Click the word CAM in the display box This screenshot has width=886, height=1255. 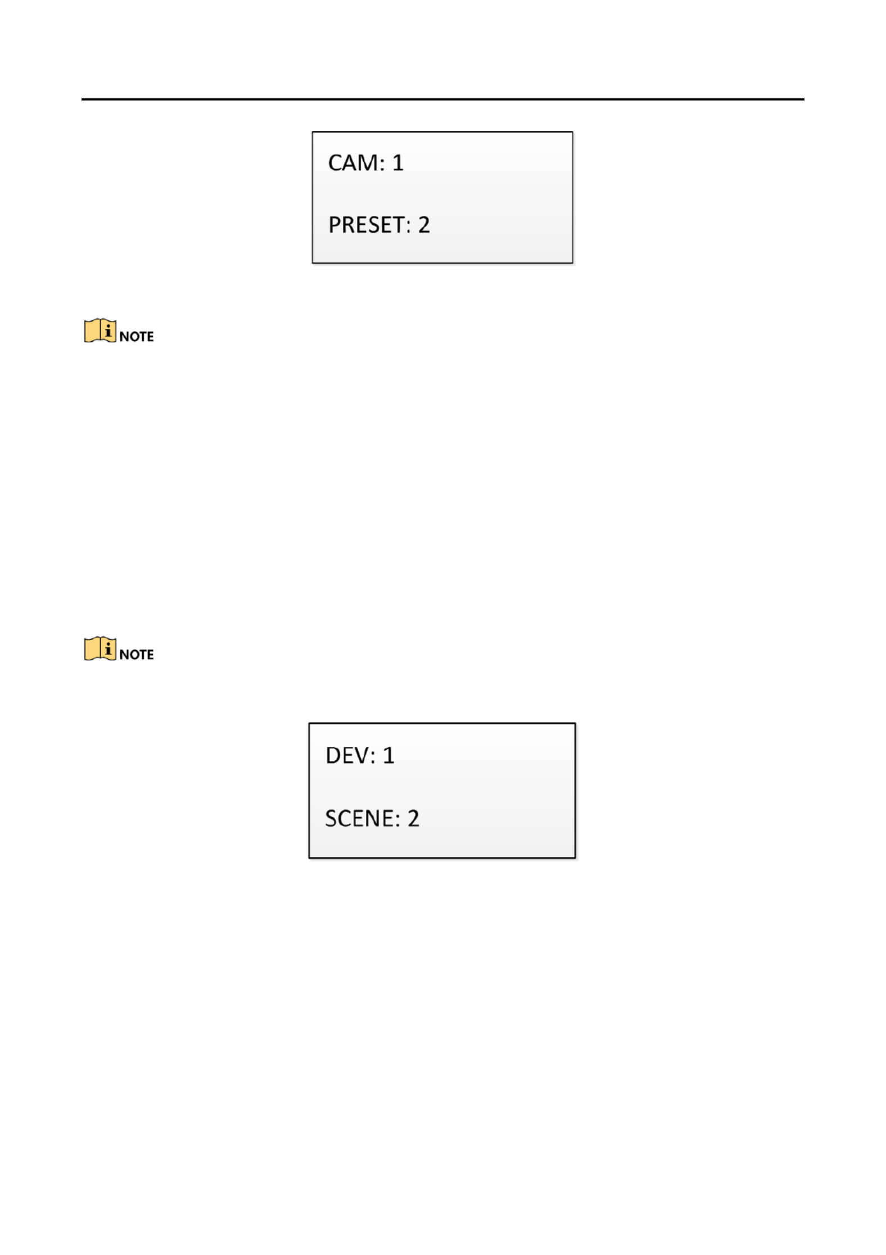pyautogui.click(x=353, y=163)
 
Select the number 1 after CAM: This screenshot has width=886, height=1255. pyautogui.click(x=398, y=163)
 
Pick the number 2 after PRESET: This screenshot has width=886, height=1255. pyautogui.click(x=424, y=225)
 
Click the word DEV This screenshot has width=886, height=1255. pyautogui.click(x=347, y=755)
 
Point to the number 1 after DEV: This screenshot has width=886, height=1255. pyautogui.click(x=388, y=755)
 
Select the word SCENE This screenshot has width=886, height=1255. pyautogui.click(x=360, y=818)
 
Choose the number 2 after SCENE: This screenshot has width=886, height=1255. pyautogui.click(x=413, y=818)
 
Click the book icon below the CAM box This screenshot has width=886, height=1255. pyautogui.click(x=100, y=330)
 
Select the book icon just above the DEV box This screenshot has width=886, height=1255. pyautogui.click(x=100, y=649)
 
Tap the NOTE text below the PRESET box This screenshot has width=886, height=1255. pyautogui.click(x=137, y=336)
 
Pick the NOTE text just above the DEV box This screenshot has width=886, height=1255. pyautogui.click(x=137, y=654)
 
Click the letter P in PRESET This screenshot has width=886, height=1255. pyautogui.click(x=335, y=225)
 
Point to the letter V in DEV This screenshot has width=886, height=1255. pyautogui.click(x=361, y=755)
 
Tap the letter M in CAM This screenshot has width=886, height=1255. pyautogui.click(x=368, y=163)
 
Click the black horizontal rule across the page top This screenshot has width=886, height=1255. pyautogui.click(x=443, y=99)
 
